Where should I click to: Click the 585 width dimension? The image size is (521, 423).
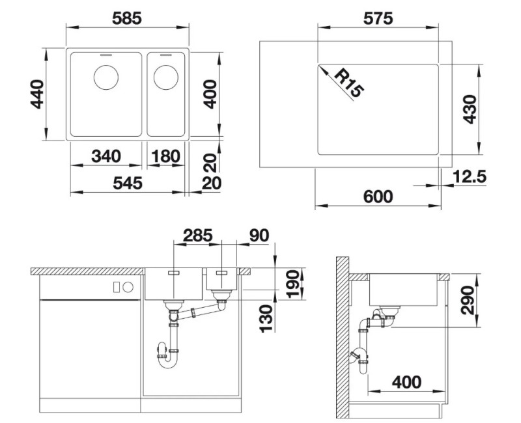[127, 18]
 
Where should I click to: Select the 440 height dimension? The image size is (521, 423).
[37, 94]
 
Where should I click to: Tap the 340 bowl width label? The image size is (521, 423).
[106, 156]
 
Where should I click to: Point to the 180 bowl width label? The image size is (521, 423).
[165, 156]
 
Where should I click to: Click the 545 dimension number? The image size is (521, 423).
[128, 183]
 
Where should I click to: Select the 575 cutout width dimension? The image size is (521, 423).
[378, 18]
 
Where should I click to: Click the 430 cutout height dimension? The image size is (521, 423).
[470, 109]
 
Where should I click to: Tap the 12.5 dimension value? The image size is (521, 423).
[470, 176]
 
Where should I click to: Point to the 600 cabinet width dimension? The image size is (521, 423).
[378, 197]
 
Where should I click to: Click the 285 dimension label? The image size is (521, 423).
[198, 236]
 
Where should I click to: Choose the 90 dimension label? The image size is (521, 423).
[259, 236]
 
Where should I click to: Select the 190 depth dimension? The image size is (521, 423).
[292, 284]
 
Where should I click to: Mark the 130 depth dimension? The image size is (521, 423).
[266, 319]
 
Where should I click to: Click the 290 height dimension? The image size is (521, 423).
[468, 300]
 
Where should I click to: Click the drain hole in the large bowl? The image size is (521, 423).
[106, 77]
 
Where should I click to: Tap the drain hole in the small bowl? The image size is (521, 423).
[166, 77]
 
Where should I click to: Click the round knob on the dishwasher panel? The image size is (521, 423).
[128, 287]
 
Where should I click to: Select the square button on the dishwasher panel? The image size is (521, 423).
[117, 287]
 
